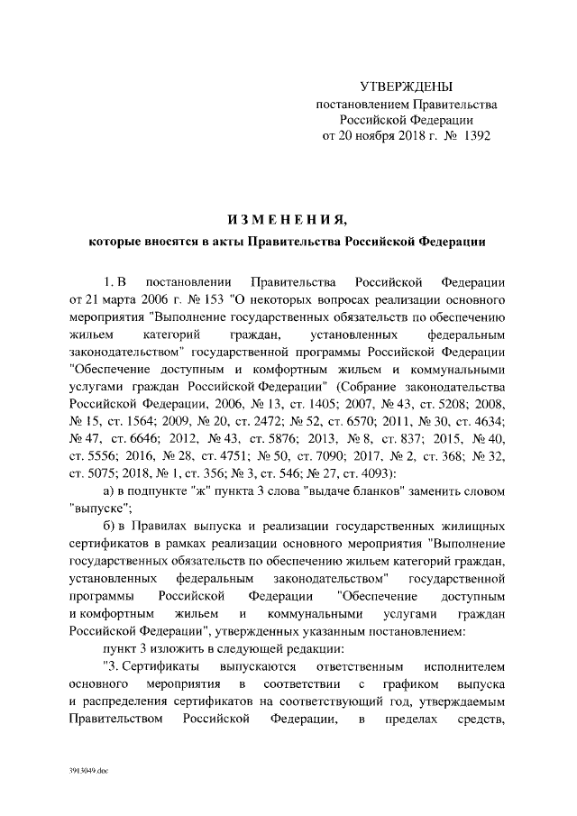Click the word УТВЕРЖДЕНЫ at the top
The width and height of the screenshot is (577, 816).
tap(406, 87)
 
